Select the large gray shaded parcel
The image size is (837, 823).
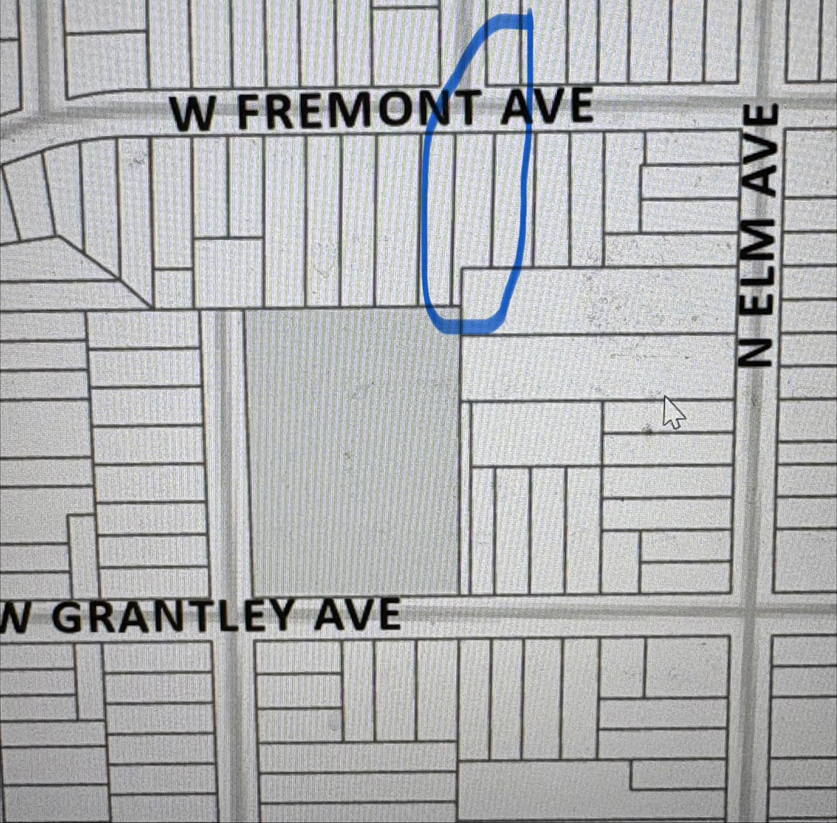[x=353, y=450]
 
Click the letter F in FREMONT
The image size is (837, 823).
[x=249, y=113]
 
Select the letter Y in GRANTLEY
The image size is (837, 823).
[x=301, y=615]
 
